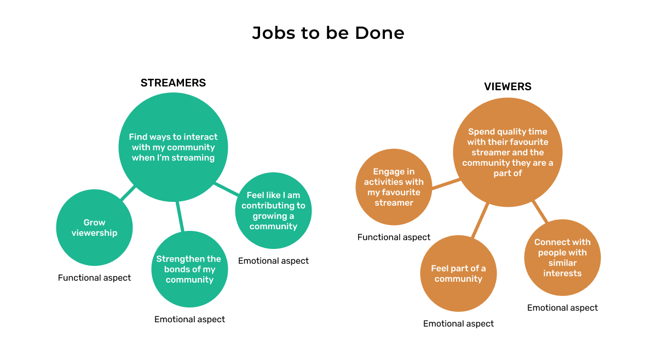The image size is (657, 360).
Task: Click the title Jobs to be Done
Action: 328,33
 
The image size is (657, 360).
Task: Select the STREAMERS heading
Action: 173,83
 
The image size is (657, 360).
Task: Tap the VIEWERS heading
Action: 508,86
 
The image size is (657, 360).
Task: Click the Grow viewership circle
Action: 95,228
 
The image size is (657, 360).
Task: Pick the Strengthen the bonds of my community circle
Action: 189,269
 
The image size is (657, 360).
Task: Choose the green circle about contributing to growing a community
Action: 273,211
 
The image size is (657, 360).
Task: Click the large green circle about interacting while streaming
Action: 173,147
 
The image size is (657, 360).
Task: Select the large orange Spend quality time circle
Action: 508,153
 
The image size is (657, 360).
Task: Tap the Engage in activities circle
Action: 394,187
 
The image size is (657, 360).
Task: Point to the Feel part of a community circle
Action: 458,274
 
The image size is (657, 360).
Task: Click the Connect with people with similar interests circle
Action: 562,258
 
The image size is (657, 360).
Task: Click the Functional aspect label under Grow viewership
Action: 94,278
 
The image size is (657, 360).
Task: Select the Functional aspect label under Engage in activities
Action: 394,237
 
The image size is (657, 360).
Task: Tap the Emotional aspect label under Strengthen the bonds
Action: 189,319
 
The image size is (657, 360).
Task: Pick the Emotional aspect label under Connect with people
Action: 562,308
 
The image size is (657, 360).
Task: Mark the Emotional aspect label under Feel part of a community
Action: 458,324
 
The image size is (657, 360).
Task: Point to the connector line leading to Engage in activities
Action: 446,184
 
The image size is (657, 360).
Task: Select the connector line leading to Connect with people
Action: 540,211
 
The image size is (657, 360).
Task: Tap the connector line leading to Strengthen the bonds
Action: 180,217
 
